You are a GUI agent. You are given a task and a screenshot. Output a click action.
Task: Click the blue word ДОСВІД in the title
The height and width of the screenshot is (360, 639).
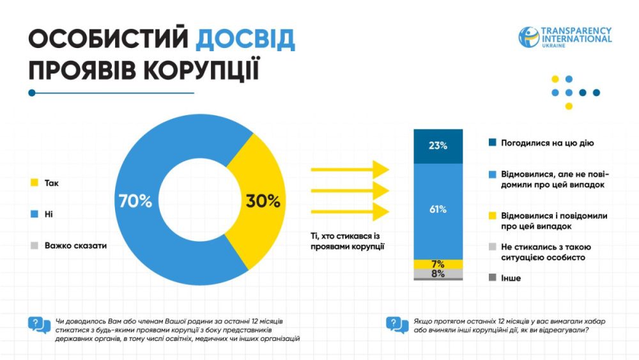click(245, 40)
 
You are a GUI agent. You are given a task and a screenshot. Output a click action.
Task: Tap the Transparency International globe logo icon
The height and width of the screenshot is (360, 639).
click(528, 36)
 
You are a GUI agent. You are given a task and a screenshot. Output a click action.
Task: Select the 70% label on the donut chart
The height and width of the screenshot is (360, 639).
click(135, 201)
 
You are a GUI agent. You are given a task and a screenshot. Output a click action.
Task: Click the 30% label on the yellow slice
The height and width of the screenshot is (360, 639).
click(263, 201)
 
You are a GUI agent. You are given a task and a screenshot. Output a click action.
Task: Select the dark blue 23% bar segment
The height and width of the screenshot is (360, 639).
click(438, 146)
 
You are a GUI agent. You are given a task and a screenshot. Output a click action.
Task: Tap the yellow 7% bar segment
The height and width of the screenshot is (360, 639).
click(438, 264)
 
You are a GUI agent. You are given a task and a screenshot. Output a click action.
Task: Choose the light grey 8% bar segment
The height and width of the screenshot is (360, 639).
click(438, 274)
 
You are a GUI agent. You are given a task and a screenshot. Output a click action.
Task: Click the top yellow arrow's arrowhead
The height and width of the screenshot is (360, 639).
click(381, 169)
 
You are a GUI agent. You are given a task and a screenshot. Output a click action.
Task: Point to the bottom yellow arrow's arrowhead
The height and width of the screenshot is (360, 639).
click(381, 212)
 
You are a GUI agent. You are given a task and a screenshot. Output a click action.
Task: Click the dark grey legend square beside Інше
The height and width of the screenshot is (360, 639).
click(491, 278)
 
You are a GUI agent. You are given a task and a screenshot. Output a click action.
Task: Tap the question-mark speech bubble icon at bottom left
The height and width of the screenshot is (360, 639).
click(39, 325)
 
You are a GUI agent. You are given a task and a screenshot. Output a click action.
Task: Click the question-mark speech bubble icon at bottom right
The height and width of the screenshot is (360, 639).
click(397, 325)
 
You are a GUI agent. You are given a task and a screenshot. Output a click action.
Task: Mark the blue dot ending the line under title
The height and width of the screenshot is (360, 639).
click(32, 93)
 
